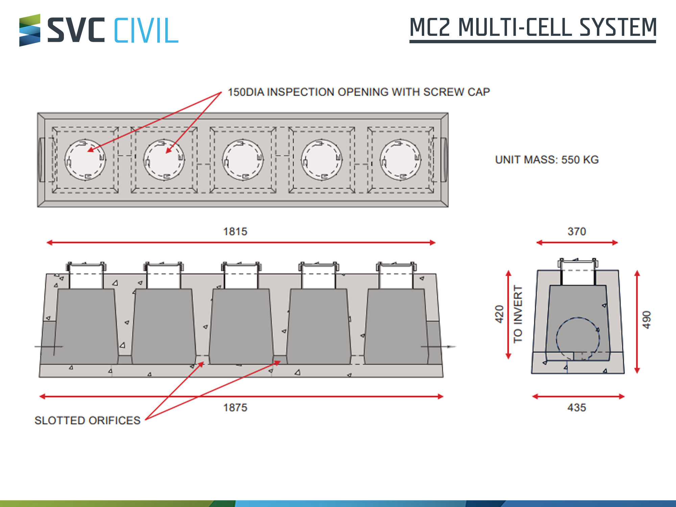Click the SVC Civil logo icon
pos(30,30)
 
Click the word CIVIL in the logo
pos(146,30)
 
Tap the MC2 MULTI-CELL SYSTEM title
pos(533,28)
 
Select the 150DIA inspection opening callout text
pos(359,92)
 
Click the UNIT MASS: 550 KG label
pos(547,160)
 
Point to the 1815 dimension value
pos(235,232)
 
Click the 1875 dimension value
pos(235,407)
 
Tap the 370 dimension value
pos(577,232)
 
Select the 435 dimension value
pos(577,407)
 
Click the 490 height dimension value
pos(646,320)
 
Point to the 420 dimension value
pos(499,314)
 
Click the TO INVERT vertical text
pos(518,314)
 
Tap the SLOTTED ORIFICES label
pos(87,420)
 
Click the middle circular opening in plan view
pos(243,160)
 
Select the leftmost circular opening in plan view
pos(85,160)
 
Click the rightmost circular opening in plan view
pos(401,160)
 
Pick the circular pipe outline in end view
pos(557,338)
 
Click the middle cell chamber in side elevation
pos(241,326)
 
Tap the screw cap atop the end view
pos(578,263)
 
